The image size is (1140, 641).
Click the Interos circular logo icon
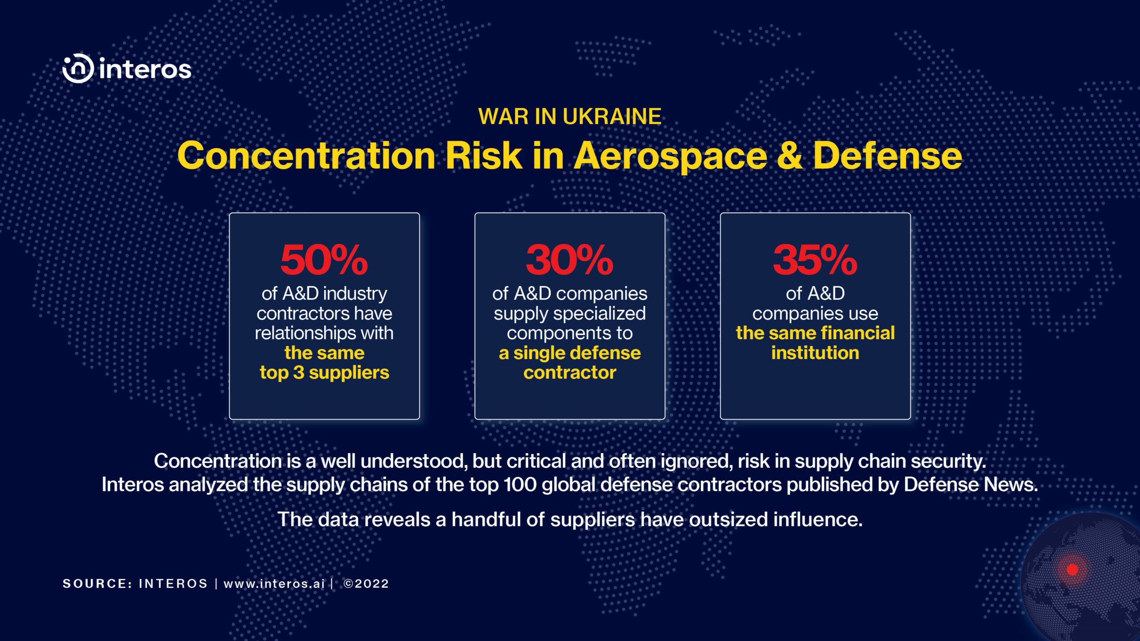pyautogui.click(x=78, y=69)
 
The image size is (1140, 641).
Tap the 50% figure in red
pyautogui.click(x=324, y=260)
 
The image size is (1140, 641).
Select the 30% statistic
pyautogui.click(x=570, y=260)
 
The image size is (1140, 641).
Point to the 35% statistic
pyautogui.click(x=815, y=260)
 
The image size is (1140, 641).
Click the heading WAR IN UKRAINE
pyautogui.click(x=570, y=117)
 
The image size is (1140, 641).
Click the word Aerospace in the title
pyautogui.click(x=670, y=156)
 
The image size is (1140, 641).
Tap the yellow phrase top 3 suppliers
pyautogui.click(x=324, y=373)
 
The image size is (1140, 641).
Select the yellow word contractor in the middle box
pyautogui.click(x=570, y=373)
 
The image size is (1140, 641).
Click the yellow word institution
pyautogui.click(x=815, y=353)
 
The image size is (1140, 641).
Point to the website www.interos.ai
pyautogui.click(x=274, y=584)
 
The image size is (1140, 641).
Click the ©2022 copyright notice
pyautogui.click(x=366, y=584)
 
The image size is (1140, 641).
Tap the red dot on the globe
pyautogui.click(x=1073, y=569)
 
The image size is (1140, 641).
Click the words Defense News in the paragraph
pyautogui.click(x=971, y=485)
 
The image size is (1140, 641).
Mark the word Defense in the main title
pyautogui.click(x=888, y=156)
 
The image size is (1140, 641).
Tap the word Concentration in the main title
pyautogui.click(x=306, y=156)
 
